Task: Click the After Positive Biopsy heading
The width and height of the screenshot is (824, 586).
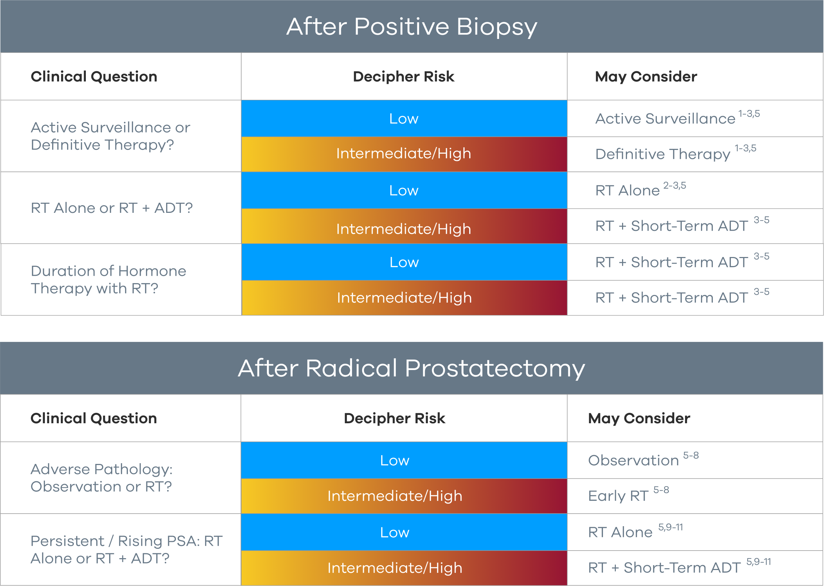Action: [411, 27]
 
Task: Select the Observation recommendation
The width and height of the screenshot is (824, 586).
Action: [633, 460]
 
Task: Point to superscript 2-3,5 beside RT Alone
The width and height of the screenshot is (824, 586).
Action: [674, 186]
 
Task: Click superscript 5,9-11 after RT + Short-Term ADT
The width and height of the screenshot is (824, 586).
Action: [758, 562]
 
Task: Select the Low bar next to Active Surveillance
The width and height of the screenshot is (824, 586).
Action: [403, 119]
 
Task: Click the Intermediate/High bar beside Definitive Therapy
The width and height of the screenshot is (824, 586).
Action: [403, 154]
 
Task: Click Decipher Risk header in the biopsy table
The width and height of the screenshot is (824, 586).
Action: [403, 77]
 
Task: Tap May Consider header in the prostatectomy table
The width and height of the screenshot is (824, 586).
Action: [639, 418]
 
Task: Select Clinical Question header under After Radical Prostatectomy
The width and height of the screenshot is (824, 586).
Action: [94, 418]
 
